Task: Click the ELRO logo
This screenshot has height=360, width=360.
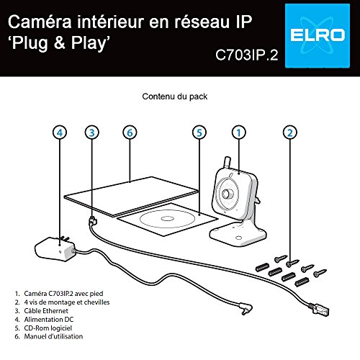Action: tap(318, 36)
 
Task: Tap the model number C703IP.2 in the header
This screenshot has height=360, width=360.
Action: tap(247, 55)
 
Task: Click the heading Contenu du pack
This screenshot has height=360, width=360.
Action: tap(175, 96)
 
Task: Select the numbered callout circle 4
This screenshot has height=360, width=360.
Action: tap(60, 132)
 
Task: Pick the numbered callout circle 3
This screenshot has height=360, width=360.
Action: tap(92, 132)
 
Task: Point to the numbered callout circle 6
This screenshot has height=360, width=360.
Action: tap(130, 132)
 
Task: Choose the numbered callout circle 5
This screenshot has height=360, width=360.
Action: tap(199, 132)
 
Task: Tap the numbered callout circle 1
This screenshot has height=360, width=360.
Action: tap(239, 132)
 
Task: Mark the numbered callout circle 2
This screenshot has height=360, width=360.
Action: tap(290, 132)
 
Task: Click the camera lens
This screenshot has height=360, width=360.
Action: tap(227, 194)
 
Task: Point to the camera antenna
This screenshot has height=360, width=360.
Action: tap(227, 163)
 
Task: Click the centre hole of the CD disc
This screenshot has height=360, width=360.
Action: tap(166, 219)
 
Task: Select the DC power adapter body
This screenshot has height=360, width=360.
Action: tap(55, 249)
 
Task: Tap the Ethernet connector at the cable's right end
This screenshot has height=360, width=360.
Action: tap(318, 310)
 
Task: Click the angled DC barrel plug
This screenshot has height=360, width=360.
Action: tap(246, 310)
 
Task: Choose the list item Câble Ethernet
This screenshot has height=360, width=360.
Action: tap(46, 311)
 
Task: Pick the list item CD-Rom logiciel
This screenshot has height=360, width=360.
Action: tap(48, 328)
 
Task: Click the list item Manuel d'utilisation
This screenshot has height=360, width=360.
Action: tap(53, 336)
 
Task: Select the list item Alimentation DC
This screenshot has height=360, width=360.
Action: tap(49, 320)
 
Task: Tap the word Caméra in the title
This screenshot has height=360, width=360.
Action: tap(40, 22)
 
